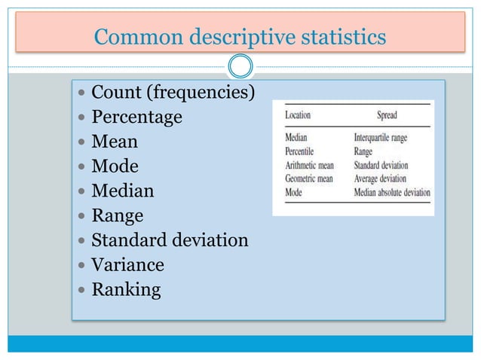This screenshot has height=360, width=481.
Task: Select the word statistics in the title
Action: pos(342,35)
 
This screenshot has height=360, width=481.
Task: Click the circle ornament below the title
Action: pos(240,67)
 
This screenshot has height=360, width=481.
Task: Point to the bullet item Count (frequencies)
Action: pos(173,93)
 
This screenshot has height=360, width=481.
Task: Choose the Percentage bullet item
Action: pos(136,117)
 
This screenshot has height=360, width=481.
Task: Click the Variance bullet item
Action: pos(127,265)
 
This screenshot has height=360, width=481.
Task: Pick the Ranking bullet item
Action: pos(126,290)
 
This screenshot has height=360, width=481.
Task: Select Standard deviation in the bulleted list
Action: pos(170,241)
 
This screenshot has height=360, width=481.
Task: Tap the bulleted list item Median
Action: pos(122,191)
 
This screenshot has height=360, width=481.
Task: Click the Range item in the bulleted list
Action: pos(117,216)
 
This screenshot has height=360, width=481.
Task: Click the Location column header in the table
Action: pos(298,116)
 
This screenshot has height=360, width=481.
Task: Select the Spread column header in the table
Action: pos(386,116)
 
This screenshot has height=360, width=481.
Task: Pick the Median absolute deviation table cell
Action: pos(391,192)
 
